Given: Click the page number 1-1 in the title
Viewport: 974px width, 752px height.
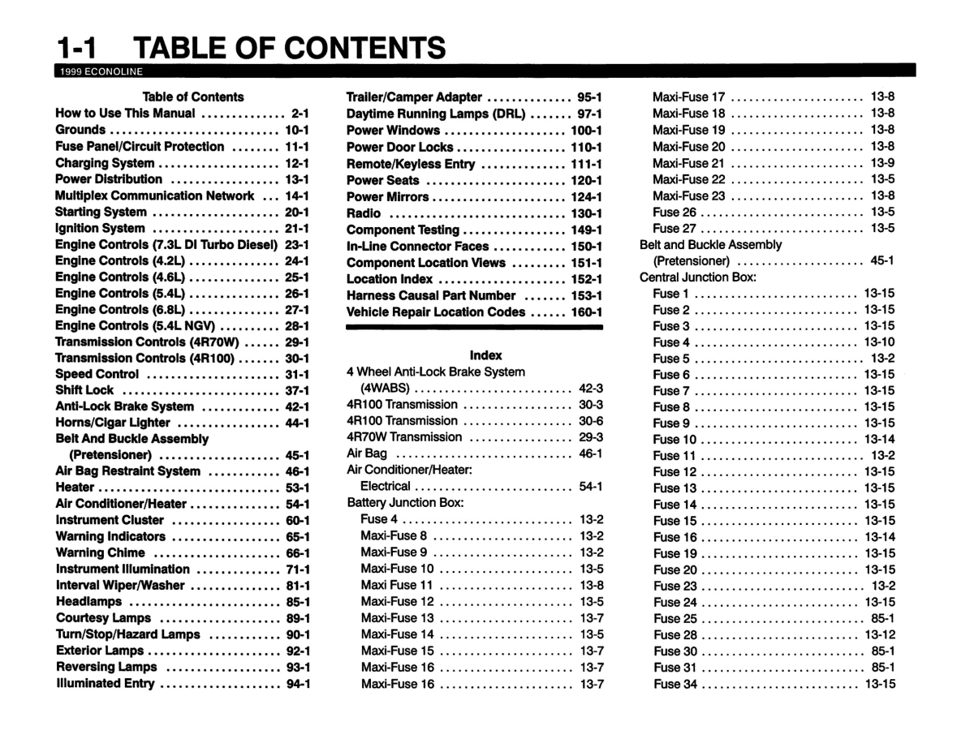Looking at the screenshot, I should (x=78, y=49).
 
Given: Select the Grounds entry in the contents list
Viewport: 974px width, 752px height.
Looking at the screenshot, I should (x=80, y=130).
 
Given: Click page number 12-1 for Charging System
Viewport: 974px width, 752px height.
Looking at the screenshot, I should (x=297, y=163).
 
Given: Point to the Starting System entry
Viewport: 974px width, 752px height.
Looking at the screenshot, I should (x=101, y=212).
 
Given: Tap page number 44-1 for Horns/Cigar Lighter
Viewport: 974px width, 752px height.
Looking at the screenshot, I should (x=297, y=423).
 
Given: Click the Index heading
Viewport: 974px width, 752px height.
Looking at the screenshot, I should (x=485, y=355).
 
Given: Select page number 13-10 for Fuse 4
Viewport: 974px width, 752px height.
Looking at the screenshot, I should (x=880, y=342).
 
